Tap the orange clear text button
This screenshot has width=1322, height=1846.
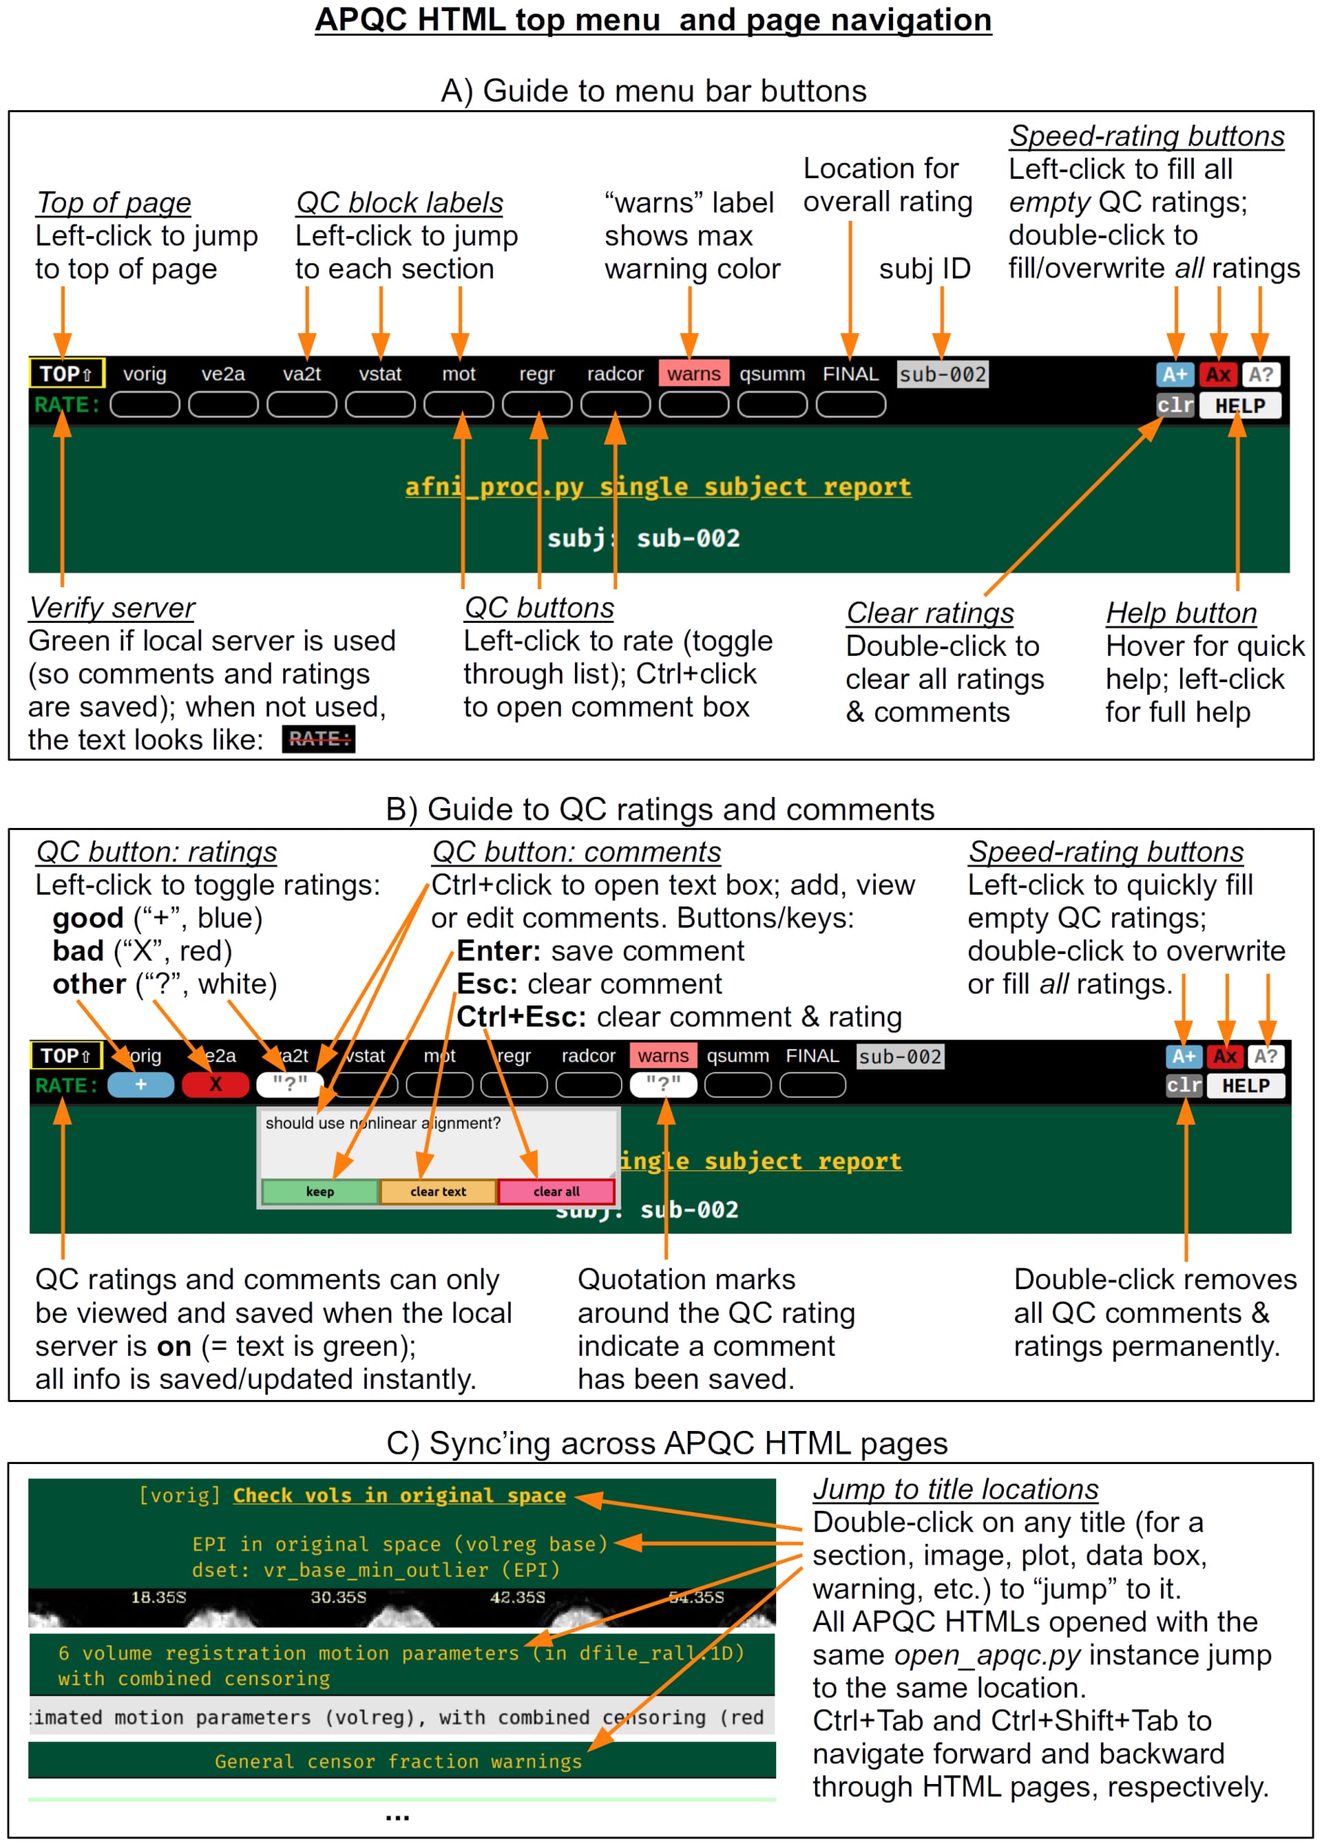(438, 1191)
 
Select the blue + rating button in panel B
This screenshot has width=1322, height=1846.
(141, 1085)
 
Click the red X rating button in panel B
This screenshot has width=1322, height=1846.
(215, 1085)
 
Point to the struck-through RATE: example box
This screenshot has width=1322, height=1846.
(318, 739)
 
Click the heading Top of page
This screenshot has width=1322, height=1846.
(114, 202)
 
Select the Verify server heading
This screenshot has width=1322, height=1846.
(112, 608)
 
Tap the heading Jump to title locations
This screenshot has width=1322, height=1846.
(956, 1489)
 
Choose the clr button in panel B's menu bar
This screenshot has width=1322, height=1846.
(1184, 1085)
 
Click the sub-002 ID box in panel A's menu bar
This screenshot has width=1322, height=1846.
(942, 374)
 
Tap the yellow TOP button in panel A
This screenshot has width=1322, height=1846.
(67, 374)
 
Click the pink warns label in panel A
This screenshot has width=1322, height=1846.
(693, 374)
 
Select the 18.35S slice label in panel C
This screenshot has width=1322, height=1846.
(159, 1597)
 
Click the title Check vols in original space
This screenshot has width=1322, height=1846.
(399, 1496)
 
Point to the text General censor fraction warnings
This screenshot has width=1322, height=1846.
(398, 1761)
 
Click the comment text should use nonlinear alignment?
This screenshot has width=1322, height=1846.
(383, 1123)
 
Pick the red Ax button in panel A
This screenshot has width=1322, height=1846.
(1218, 374)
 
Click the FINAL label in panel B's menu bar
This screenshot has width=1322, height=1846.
(812, 1056)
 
